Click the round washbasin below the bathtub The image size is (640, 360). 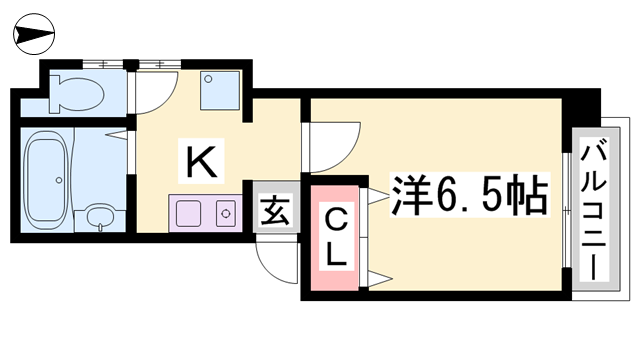[x=99, y=215]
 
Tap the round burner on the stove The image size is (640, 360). [x=226, y=213]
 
